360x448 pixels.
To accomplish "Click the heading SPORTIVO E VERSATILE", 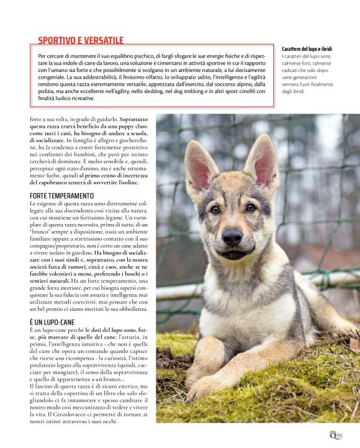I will (x=81, y=41).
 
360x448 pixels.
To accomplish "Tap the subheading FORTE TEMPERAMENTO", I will (x=67, y=195).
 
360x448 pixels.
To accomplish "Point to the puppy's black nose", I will (x=233, y=236).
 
